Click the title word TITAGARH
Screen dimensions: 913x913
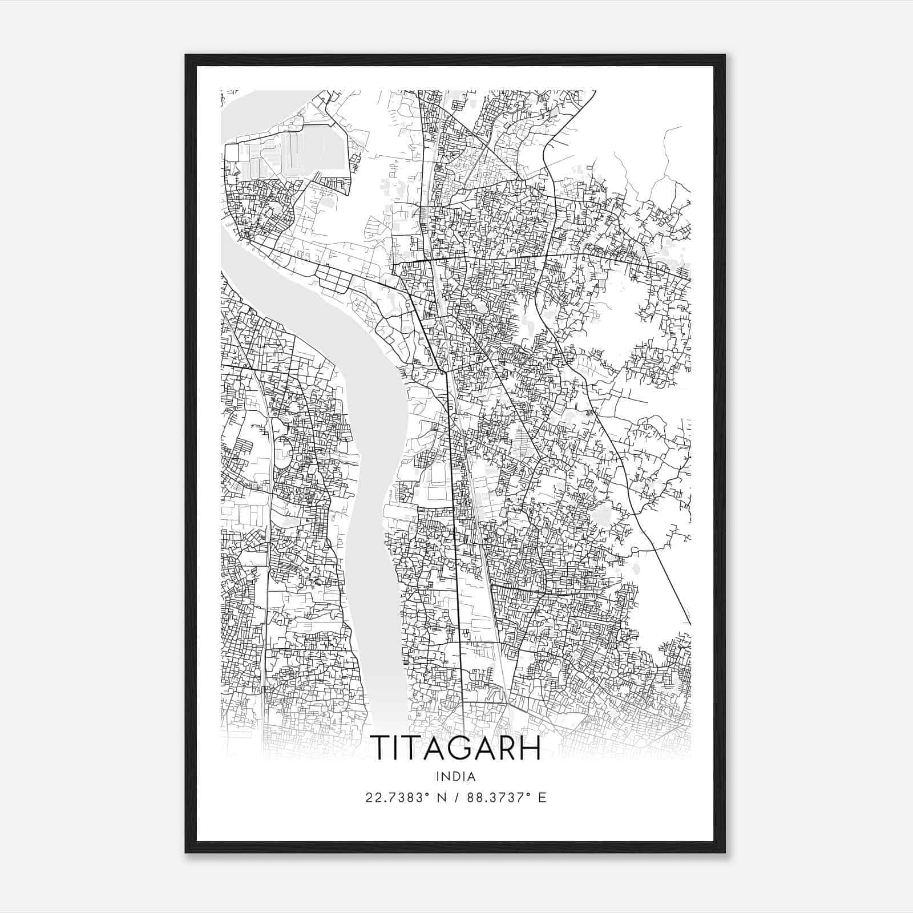coord(455,748)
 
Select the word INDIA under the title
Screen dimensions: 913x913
coord(455,777)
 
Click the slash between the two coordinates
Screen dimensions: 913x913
coord(458,798)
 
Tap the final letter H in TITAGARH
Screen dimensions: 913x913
coord(530,748)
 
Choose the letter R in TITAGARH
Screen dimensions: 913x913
coord(504,748)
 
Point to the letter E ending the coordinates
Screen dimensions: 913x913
coord(543,798)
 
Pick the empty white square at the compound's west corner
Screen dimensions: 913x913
coord(232,153)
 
